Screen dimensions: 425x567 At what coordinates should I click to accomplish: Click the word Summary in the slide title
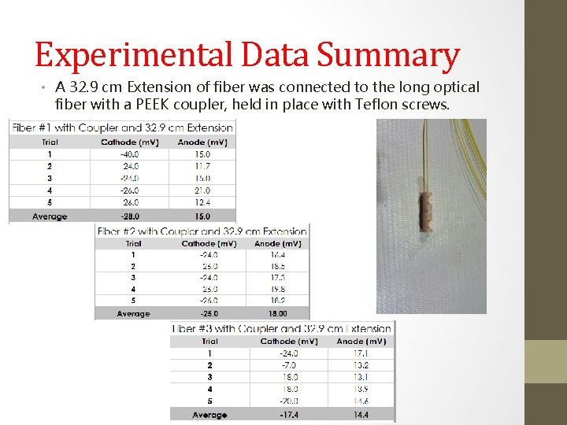388,57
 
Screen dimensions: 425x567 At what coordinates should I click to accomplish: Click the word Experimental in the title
135,57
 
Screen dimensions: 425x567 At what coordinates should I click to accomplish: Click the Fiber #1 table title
122,128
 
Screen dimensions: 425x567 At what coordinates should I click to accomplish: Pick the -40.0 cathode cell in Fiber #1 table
131,154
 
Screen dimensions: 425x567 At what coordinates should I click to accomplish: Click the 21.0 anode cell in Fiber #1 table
202,190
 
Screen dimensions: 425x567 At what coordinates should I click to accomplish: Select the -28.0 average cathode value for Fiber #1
131,216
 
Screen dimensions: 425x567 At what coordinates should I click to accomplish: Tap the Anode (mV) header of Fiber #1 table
202,142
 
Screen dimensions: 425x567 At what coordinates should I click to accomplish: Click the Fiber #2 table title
202,231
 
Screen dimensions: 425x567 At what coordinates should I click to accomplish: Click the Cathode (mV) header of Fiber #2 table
209,243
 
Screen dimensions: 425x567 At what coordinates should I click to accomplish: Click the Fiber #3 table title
282,329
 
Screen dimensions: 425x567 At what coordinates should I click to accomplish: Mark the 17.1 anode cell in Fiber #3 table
361,353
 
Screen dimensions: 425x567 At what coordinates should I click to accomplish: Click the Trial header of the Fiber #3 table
209,341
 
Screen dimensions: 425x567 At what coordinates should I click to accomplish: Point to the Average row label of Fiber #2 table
133,313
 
